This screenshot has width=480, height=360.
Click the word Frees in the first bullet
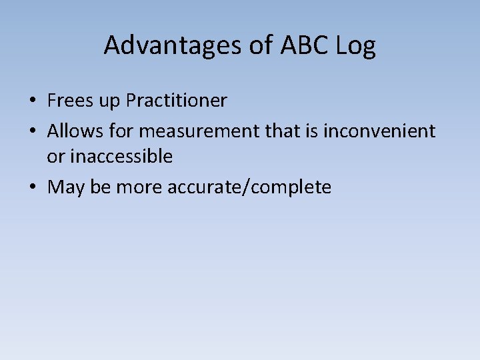click(x=70, y=101)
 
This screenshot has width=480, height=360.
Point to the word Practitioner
click(x=177, y=101)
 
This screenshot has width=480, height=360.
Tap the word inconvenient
click(x=379, y=131)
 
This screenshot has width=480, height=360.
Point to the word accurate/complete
click(x=249, y=187)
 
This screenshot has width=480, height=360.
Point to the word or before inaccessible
click(x=55, y=157)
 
